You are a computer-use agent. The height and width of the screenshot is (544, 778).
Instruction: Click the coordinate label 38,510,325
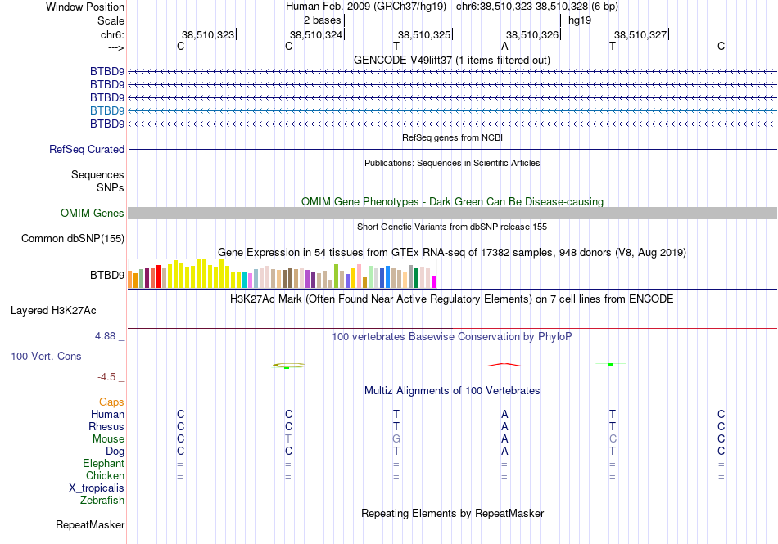(423, 34)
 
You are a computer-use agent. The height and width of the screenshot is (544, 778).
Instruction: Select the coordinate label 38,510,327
(640, 34)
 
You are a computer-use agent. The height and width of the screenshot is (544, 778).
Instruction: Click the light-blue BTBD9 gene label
(107, 110)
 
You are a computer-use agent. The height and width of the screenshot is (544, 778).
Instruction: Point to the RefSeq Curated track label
(87, 149)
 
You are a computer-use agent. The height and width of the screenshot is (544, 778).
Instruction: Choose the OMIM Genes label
(93, 213)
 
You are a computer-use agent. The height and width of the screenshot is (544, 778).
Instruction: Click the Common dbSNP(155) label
(73, 238)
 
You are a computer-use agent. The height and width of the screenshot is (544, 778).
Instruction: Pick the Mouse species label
(108, 439)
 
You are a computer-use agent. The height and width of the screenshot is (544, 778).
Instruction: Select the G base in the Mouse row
(396, 439)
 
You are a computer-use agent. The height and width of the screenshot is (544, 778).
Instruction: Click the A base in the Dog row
(504, 452)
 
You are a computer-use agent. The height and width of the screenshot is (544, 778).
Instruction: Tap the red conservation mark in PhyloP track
(504, 364)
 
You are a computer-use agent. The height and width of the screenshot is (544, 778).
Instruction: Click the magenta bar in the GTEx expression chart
(434, 281)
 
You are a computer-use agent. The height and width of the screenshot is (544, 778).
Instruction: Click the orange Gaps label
(111, 402)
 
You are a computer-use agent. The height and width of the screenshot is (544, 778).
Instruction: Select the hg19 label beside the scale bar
(580, 20)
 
